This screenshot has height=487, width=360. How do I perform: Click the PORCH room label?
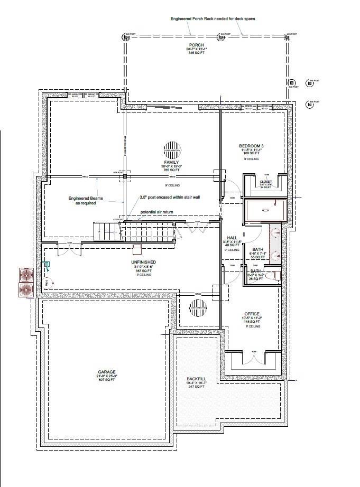(x=191, y=45)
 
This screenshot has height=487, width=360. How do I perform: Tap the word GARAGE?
(x=106, y=371)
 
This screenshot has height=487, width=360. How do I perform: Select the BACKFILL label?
(x=195, y=379)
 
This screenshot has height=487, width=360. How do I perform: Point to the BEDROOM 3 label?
(x=251, y=146)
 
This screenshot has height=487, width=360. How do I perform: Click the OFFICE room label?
(x=252, y=314)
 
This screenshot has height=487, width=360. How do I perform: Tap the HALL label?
(x=232, y=238)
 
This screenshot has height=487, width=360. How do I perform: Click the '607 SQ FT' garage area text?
(x=106, y=380)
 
